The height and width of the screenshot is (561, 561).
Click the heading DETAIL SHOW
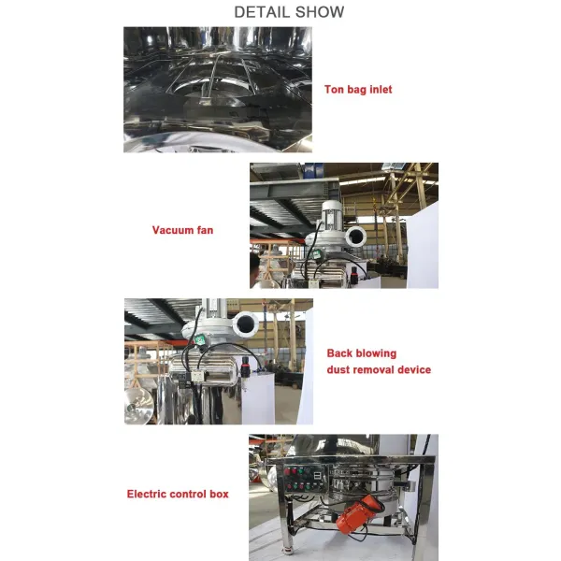pyautogui.click(x=288, y=12)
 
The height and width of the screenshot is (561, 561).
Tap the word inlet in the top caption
pyautogui.click(x=379, y=90)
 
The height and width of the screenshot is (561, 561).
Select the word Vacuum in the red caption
pyautogui.click(x=173, y=229)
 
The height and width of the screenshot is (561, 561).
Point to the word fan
pyautogui.click(x=205, y=229)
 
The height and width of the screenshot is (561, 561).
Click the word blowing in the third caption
pyautogui.click(x=375, y=353)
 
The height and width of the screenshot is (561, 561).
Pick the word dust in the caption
pyautogui.click(x=339, y=370)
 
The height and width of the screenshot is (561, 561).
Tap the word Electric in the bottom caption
pyautogui.click(x=150, y=494)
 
